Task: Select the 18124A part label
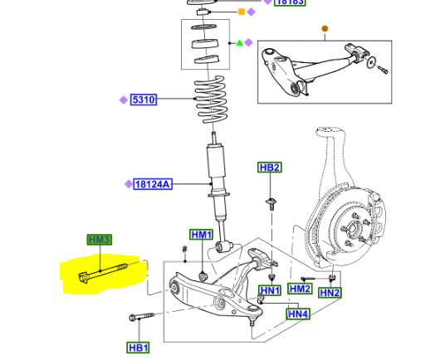[x=153, y=184]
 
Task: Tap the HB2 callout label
[x=270, y=168]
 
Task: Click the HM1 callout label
[x=202, y=235]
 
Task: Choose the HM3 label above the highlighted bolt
[x=99, y=240]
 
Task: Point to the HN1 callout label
[x=270, y=290]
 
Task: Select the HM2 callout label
[x=300, y=289]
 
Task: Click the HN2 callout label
[x=330, y=293]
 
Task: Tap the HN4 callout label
[x=298, y=314]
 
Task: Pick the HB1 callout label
[x=139, y=347]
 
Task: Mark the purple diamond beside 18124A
[x=128, y=184]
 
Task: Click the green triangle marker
[x=239, y=42]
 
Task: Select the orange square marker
[x=242, y=12]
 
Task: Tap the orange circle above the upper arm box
[x=325, y=28]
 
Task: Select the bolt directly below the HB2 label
[x=271, y=202]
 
